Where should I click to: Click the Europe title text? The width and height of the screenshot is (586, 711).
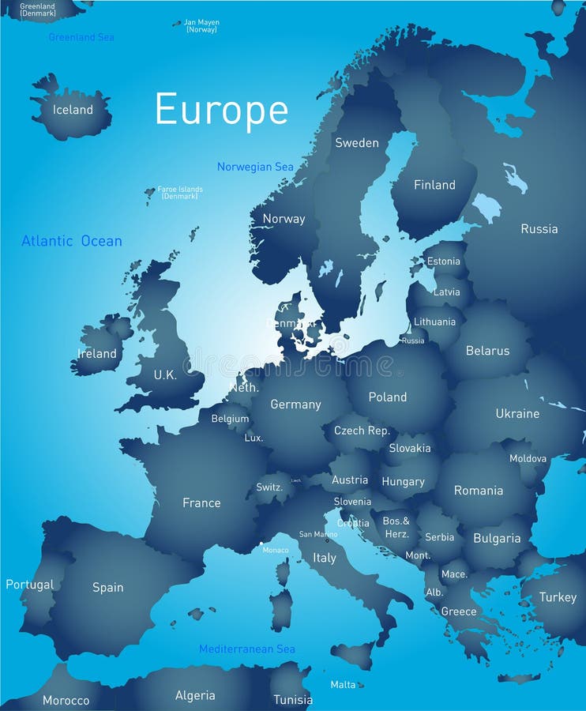(221, 110)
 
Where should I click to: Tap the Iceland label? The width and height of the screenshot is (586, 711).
(73, 110)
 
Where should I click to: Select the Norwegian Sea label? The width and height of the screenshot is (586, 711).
(255, 167)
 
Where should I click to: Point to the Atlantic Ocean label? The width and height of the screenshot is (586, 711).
(72, 241)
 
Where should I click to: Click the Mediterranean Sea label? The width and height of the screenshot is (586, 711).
(247, 649)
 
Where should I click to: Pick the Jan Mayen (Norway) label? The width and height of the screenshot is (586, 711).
(201, 26)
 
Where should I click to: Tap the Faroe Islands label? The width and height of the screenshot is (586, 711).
(180, 192)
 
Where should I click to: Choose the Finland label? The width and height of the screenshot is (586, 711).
(434, 185)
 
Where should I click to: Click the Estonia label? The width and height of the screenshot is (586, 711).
(443, 261)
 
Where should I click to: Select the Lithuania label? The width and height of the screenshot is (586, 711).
(434, 322)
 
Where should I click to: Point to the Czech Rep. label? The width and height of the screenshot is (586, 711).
(362, 431)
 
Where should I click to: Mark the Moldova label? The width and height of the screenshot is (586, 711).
(528, 458)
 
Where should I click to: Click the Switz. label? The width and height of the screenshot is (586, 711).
(269, 487)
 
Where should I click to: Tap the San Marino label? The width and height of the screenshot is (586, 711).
(318, 534)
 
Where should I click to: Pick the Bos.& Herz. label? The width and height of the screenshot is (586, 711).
(396, 526)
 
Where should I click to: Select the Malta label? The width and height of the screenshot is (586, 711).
(343, 684)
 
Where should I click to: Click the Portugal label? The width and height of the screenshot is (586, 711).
(30, 585)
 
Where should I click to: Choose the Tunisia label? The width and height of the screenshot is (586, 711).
(293, 699)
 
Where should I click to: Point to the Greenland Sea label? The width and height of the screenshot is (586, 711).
(81, 37)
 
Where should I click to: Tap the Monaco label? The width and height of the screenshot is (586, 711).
(276, 550)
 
